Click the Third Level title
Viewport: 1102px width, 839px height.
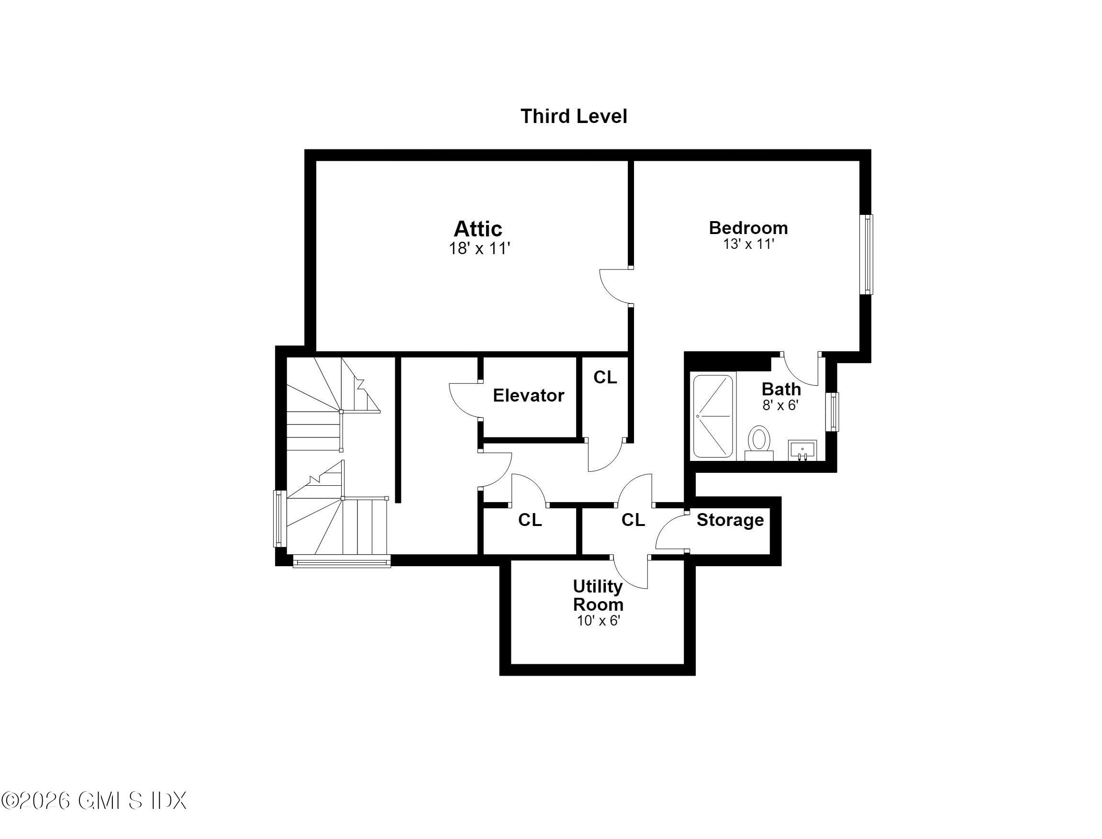[574, 116]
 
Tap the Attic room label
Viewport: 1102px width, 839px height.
[478, 229]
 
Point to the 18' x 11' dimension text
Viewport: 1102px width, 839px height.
[479, 249]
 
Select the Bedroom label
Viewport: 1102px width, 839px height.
[748, 228]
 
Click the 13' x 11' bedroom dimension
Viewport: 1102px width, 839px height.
[748, 244]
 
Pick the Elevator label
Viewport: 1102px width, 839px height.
[528, 395]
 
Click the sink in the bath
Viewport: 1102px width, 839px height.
[802, 450]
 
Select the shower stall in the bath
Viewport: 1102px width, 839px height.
[713, 416]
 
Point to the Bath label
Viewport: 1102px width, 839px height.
[781, 389]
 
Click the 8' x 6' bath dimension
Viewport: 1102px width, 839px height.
[780, 405]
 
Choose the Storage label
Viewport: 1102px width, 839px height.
[730, 520]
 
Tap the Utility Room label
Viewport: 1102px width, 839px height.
[598, 595]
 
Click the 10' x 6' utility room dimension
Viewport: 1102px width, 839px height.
[598, 621]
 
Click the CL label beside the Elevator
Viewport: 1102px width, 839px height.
[605, 378]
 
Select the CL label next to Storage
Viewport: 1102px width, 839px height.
[633, 520]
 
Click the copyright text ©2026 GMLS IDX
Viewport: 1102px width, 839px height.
[94, 801]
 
